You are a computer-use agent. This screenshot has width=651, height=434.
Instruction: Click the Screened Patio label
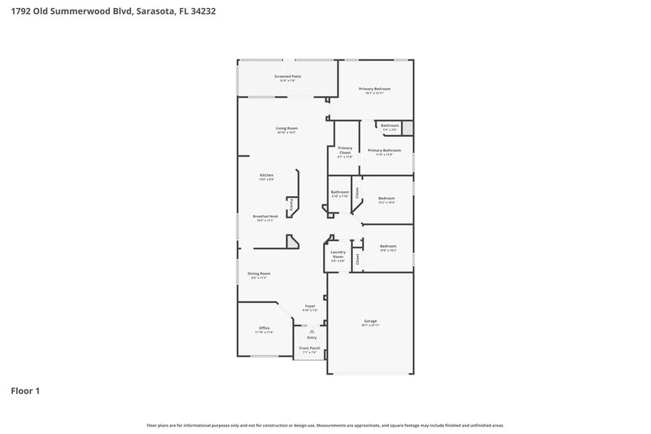(x=287, y=76)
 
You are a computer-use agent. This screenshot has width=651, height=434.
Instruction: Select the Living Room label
(x=286, y=128)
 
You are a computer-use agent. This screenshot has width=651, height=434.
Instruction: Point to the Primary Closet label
(x=344, y=150)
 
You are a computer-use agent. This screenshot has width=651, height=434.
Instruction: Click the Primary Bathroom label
(x=384, y=150)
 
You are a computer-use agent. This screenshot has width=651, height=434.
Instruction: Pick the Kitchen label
(x=266, y=175)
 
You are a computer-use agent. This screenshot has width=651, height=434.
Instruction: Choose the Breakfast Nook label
(x=268, y=217)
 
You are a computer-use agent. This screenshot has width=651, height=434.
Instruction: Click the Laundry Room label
(x=339, y=256)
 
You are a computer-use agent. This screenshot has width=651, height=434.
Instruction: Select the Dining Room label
(x=259, y=274)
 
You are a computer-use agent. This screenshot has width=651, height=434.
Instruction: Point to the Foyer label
(x=309, y=306)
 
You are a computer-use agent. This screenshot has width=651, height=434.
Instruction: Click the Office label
(x=264, y=328)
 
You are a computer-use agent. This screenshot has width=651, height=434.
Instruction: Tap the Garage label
(x=370, y=322)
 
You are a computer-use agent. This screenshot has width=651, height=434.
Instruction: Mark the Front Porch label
(x=309, y=349)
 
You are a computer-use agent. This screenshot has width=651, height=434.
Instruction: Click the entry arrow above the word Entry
(x=309, y=331)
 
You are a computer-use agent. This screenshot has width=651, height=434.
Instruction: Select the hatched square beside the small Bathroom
(x=408, y=128)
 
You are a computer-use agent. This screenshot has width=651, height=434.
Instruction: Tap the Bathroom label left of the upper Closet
(x=339, y=193)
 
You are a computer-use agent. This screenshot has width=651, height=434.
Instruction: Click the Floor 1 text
(x=25, y=392)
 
